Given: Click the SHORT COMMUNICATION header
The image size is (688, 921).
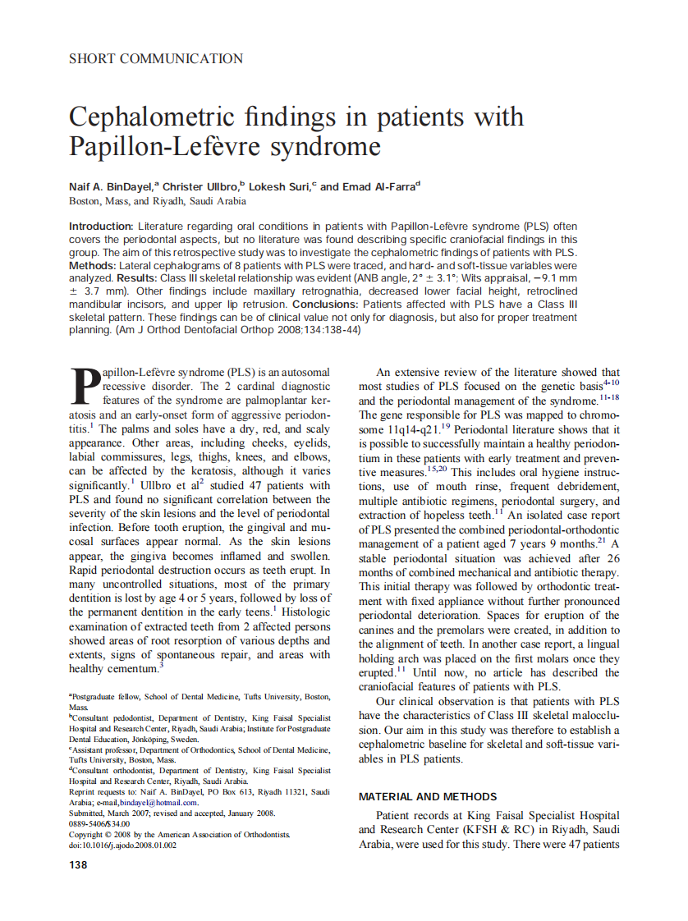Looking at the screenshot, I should tap(156, 59).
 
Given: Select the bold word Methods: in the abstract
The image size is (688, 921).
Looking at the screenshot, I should tap(92, 266).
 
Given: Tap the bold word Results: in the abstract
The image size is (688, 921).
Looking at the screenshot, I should tap(137, 278).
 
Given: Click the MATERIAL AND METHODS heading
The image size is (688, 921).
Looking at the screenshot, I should tap(428, 796).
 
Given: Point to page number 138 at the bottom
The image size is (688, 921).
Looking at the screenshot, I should tap(78, 865).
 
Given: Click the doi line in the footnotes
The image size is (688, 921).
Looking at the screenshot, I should tap(122, 845).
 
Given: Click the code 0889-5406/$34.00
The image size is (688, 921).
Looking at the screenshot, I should tap(99, 824).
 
